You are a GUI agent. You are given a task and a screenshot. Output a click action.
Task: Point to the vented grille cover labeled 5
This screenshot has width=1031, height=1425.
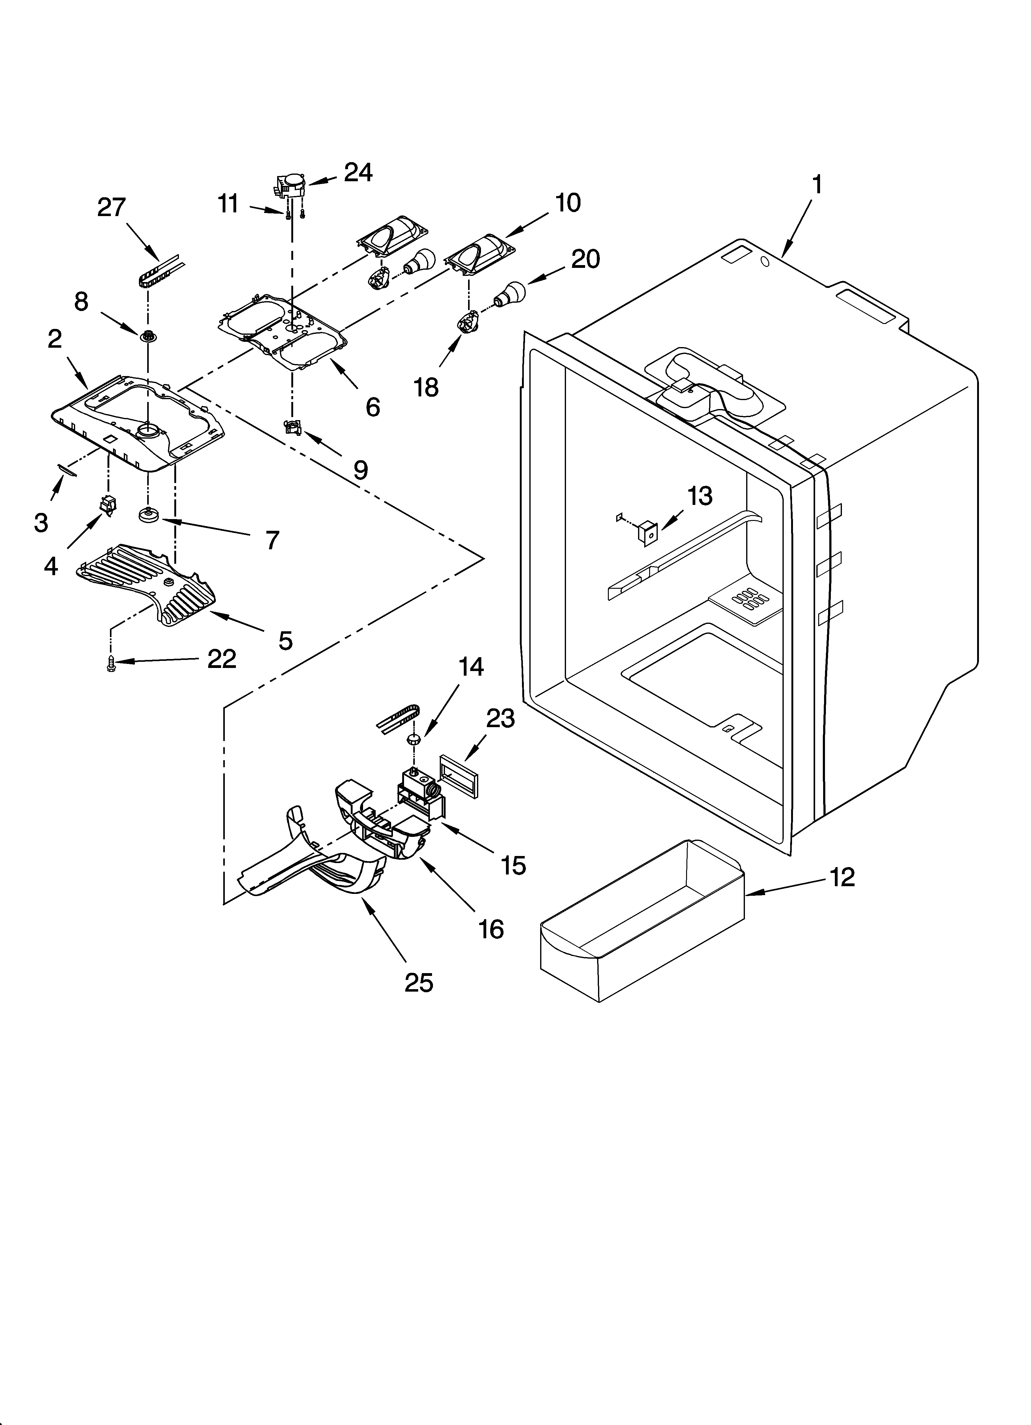click(x=148, y=584)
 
